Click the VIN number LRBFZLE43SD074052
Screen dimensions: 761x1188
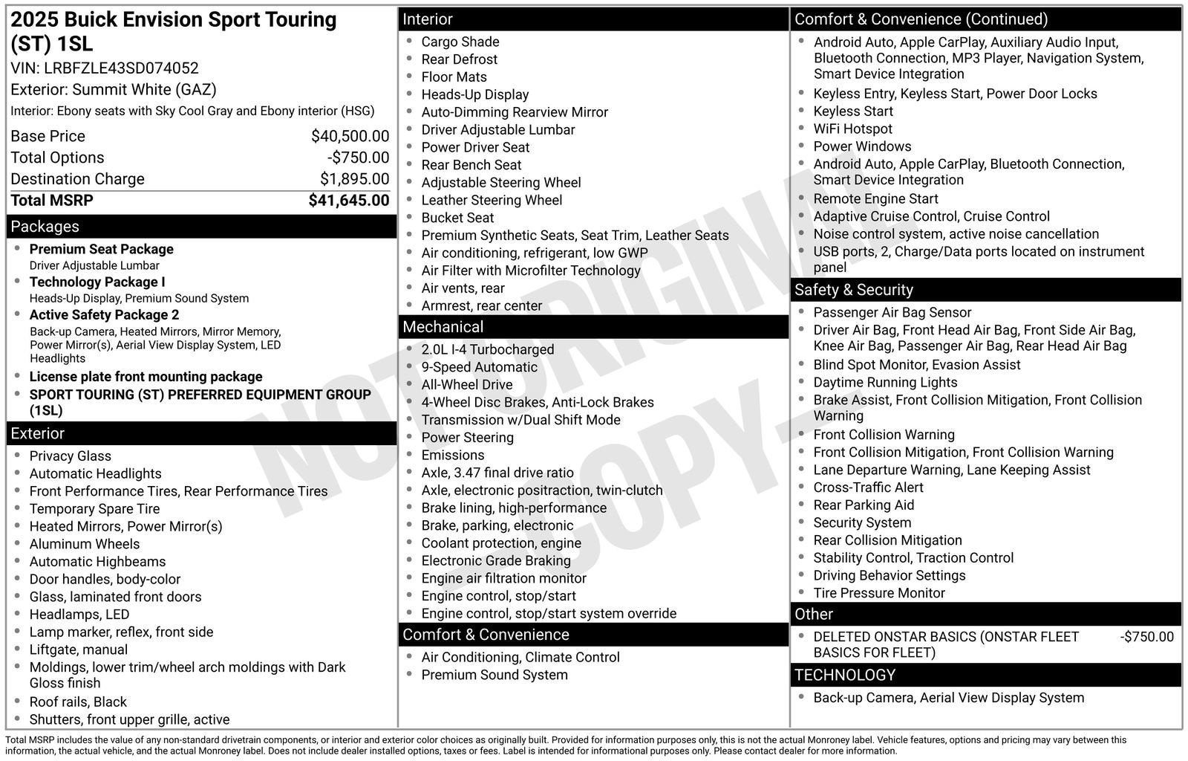pos(121,68)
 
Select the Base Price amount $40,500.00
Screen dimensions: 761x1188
pos(350,136)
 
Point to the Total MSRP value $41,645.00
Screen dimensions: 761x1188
pos(348,201)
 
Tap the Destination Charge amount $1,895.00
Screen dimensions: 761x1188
pos(354,179)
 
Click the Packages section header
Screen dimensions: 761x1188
pos(45,227)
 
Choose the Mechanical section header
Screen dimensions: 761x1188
pos(443,327)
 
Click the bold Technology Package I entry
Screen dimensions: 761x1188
pos(97,282)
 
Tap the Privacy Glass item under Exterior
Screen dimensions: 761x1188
pos(70,456)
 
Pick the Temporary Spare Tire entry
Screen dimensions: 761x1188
pos(94,509)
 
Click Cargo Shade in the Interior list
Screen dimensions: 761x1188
pos(460,42)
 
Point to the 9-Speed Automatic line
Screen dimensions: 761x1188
pos(479,367)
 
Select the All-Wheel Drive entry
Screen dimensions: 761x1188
pos(466,385)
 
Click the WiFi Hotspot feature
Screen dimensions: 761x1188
pos(852,129)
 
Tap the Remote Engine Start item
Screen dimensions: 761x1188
pos(875,199)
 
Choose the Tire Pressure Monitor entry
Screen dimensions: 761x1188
pos(878,593)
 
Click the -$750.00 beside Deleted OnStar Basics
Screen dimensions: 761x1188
pos(1146,637)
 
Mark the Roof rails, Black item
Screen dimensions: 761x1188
pos(78,702)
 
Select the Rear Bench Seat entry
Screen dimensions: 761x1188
pos(471,165)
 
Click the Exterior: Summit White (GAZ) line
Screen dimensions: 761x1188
pos(114,90)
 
